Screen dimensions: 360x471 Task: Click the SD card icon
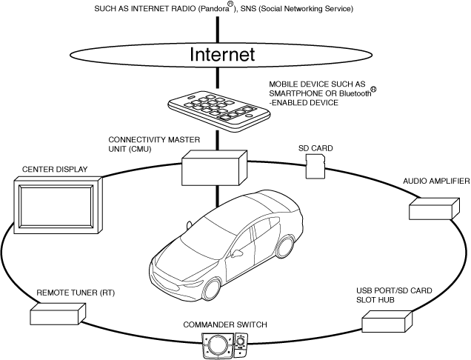(316, 167)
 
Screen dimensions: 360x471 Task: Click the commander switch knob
(218, 344)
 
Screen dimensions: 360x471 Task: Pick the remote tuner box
(55, 315)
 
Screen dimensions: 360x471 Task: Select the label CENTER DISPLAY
(55, 170)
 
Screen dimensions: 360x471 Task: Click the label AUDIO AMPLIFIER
(435, 181)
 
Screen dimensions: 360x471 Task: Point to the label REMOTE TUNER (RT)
(76, 293)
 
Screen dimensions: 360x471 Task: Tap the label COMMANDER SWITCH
(225, 325)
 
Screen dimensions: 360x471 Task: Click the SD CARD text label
(315, 149)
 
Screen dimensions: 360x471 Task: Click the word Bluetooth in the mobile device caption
(354, 94)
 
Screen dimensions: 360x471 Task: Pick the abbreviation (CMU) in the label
(139, 149)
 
